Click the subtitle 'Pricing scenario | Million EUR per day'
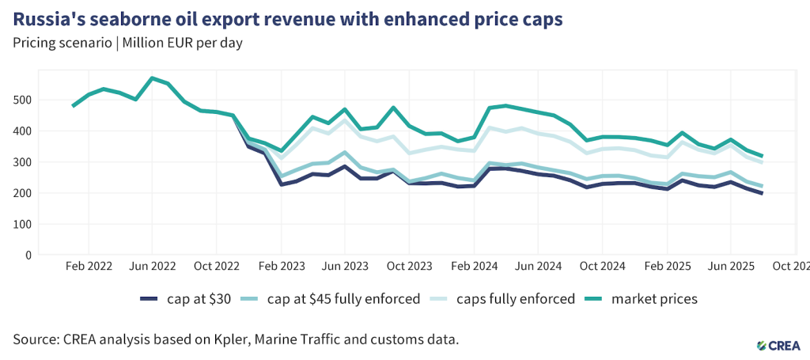tap(127, 43)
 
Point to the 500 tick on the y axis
tap(25, 100)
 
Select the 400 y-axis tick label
tap(25, 131)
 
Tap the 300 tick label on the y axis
tap(25, 162)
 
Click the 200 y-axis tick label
tap(25, 193)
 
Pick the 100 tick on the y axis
tap(25, 224)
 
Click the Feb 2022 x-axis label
tap(88, 267)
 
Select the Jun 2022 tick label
tap(152, 267)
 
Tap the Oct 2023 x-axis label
tap(409, 267)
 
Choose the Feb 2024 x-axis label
tap(473, 267)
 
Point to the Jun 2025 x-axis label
tap(732, 267)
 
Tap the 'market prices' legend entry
tap(654, 298)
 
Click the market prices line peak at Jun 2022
tap(152, 78)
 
